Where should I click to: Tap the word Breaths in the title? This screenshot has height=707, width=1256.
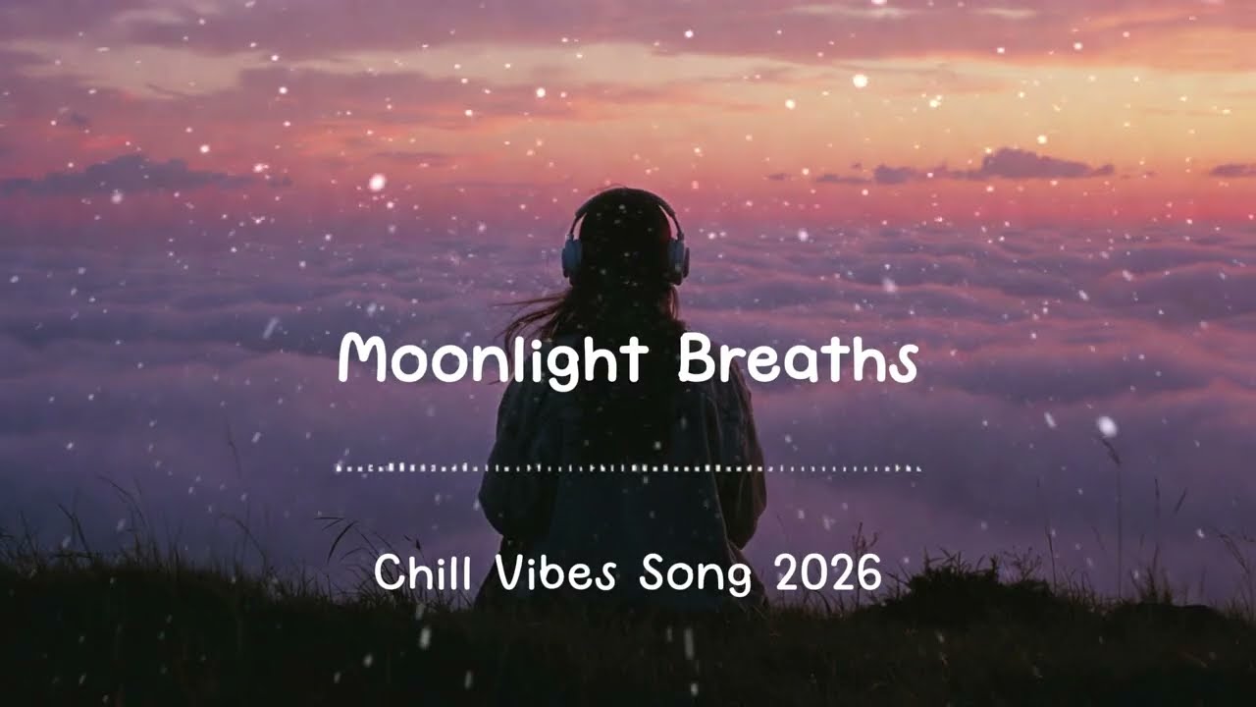click(797, 360)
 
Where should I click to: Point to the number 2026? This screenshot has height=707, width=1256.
click(828, 573)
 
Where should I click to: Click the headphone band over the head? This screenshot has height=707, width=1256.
click(626, 196)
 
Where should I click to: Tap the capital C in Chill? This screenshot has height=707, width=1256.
click(390, 573)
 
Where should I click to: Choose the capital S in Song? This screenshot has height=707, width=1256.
click(652, 573)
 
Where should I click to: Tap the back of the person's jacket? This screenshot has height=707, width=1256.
click(624, 511)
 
